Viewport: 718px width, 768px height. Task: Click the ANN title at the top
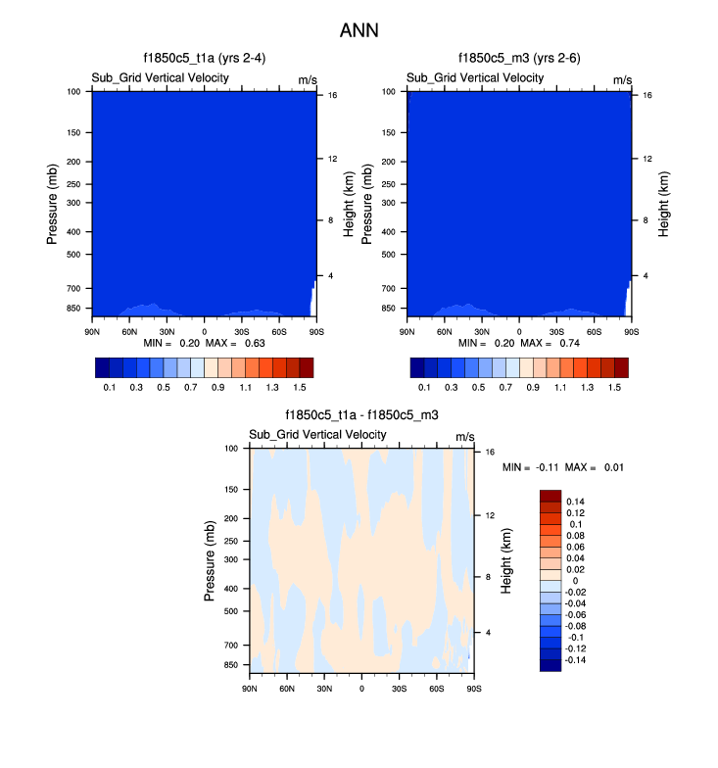coord(359,30)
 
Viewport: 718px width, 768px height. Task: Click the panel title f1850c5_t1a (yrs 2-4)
coord(205,59)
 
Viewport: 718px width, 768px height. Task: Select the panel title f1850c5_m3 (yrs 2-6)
coord(519,59)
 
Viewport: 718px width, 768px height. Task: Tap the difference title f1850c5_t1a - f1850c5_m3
coord(361,415)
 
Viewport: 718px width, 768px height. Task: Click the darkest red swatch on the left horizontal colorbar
coord(306,367)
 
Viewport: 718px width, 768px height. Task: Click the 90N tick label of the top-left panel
coord(92,330)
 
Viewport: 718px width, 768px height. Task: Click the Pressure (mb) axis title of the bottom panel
coord(211,559)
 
